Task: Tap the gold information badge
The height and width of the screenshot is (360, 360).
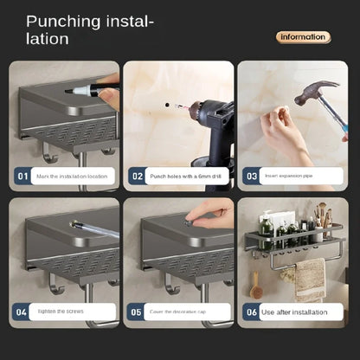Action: coord(303,36)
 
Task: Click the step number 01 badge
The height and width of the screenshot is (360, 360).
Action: coord(22,176)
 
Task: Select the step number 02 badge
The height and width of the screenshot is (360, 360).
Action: coord(137,176)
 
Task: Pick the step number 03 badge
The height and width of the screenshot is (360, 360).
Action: coord(251,176)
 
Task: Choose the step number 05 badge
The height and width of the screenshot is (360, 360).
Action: coord(137,312)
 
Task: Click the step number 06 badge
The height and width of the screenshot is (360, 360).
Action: coord(251,312)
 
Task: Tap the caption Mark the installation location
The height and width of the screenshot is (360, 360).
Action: coord(73,176)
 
